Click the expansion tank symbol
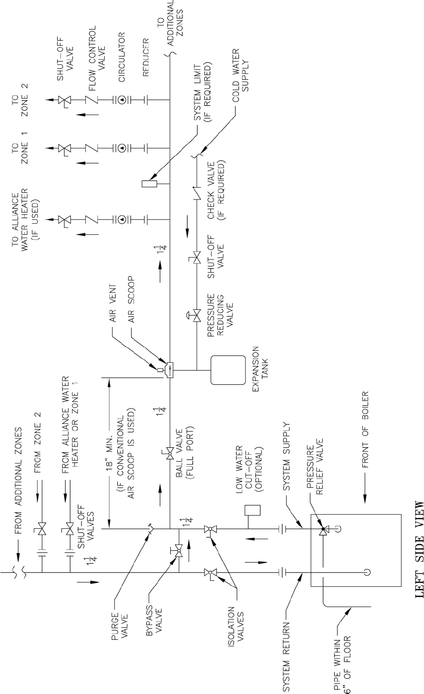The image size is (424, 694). [227, 370]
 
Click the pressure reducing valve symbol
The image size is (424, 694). [197, 314]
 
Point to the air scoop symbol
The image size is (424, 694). [169, 370]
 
